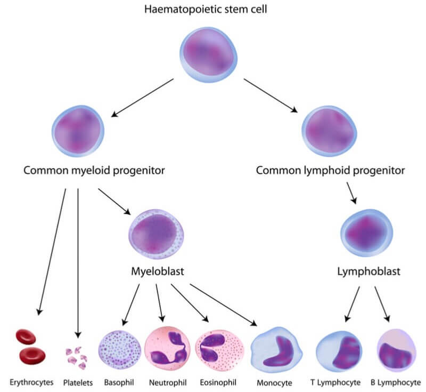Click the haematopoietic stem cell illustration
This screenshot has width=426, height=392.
[208, 55]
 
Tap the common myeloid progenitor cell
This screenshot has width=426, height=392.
[78, 131]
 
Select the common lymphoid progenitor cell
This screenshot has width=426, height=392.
[330, 131]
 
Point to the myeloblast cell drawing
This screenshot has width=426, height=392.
[156, 234]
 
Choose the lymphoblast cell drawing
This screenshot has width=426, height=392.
[366, 233]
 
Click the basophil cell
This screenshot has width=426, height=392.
[119, 350]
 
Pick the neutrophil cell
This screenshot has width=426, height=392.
[167, 349]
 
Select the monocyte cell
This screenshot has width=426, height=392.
[276, 350]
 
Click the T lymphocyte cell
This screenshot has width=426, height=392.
[339, 351]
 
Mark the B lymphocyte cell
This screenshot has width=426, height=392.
[397, 350]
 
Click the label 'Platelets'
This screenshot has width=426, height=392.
[78, 383]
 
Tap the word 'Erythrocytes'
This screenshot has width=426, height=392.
[31, 382]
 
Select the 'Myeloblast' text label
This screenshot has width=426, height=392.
[158, 271]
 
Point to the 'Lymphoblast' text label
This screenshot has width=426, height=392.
[368, 271]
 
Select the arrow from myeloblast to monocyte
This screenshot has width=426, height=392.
[223, 305]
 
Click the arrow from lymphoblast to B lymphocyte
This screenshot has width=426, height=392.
[382, 304]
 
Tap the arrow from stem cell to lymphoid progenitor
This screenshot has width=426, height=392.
[271, 95]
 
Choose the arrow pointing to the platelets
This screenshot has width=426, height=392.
[78, 263]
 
